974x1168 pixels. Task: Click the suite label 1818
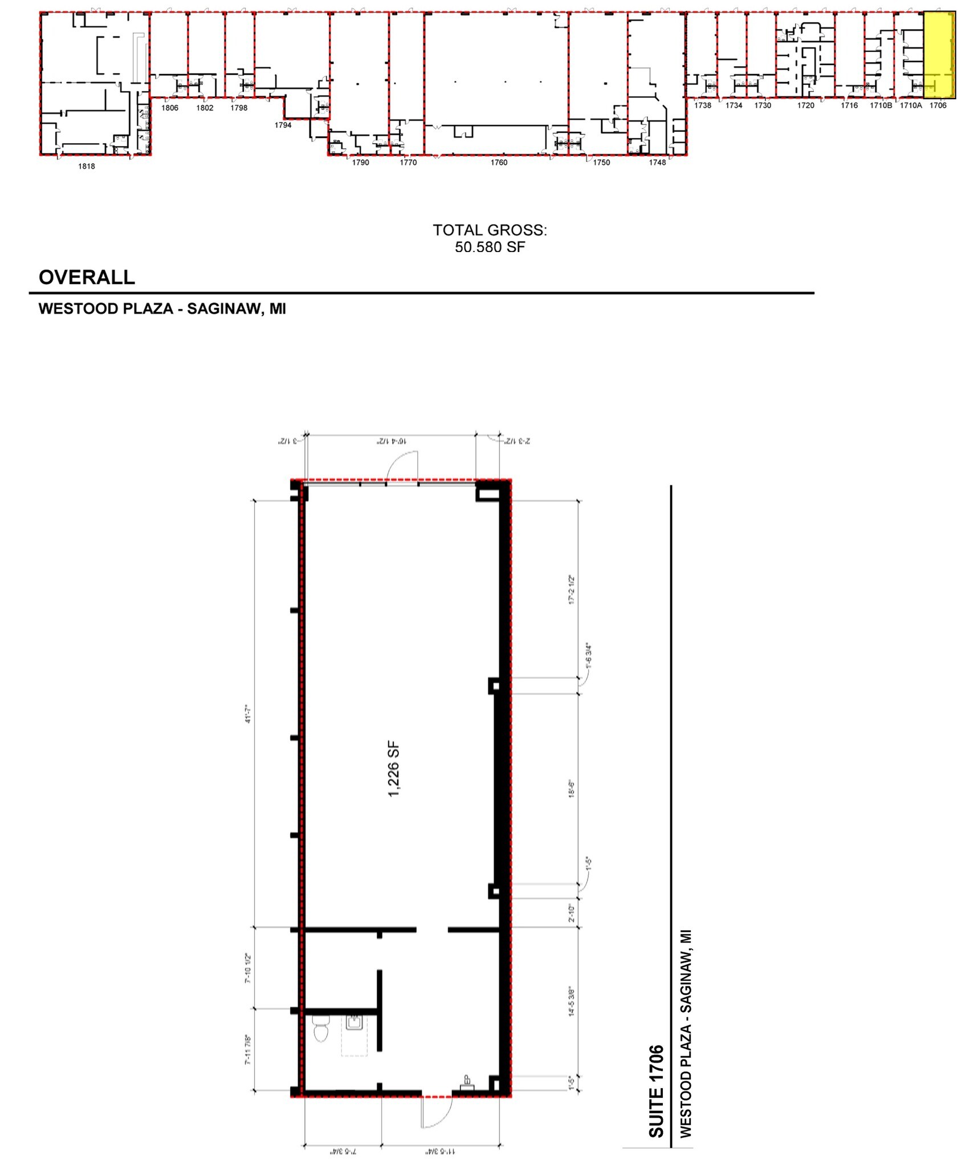(87, 166)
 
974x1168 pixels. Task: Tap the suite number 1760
(498, 163)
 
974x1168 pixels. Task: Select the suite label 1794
(283, 125)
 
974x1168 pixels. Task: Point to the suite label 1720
(805, 106)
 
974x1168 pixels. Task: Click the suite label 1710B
(880, 106)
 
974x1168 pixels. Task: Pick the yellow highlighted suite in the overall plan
(938, 54)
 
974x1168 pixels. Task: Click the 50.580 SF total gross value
(490, 247)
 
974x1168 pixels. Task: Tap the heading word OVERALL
(87, 277)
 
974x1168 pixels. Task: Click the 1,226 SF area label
(393, 769)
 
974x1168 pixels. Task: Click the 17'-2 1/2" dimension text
(572, 590)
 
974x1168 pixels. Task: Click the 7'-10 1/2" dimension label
(248, 968)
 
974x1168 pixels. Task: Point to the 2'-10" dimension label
(572, 912)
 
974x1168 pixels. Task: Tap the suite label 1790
(360, 163)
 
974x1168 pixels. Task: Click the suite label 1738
(702, 106)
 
